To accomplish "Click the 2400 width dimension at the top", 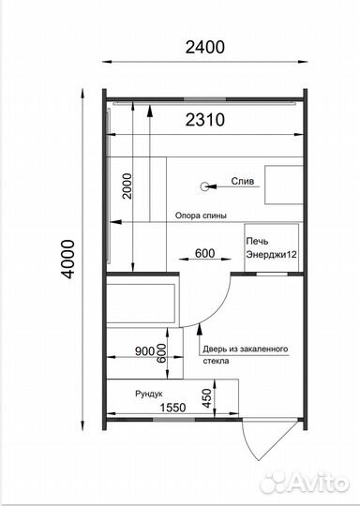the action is click(x=204, y=47).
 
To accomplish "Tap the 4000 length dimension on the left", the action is click(x=68, y=259).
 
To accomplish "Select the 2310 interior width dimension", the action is click(x=204, y=120).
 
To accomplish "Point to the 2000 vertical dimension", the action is click(x=127, y=186).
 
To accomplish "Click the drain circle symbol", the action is click(x=204, y=186).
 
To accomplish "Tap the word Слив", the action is click(x=243, y=182).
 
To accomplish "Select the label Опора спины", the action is click(x=201, y=216).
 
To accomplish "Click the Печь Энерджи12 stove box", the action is click(x=272, y=247).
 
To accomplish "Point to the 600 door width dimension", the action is click(x=204, y=253).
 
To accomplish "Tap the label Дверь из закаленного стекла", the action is click(x=246, y=354).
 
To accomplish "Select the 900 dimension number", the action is click(x=144, y=351).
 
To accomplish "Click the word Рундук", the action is click(x=149, y=394).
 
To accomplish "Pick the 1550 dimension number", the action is click(x=173, y=408).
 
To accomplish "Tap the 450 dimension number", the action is click(x=207, y=398).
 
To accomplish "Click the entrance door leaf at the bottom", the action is click(x=249, y=439).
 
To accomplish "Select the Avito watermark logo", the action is click(x=304, y=483).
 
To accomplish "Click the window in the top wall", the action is click(x=204, y=99).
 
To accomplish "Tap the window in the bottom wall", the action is click(x=173, y=420).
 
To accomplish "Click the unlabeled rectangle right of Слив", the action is click(x=284, y=185).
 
